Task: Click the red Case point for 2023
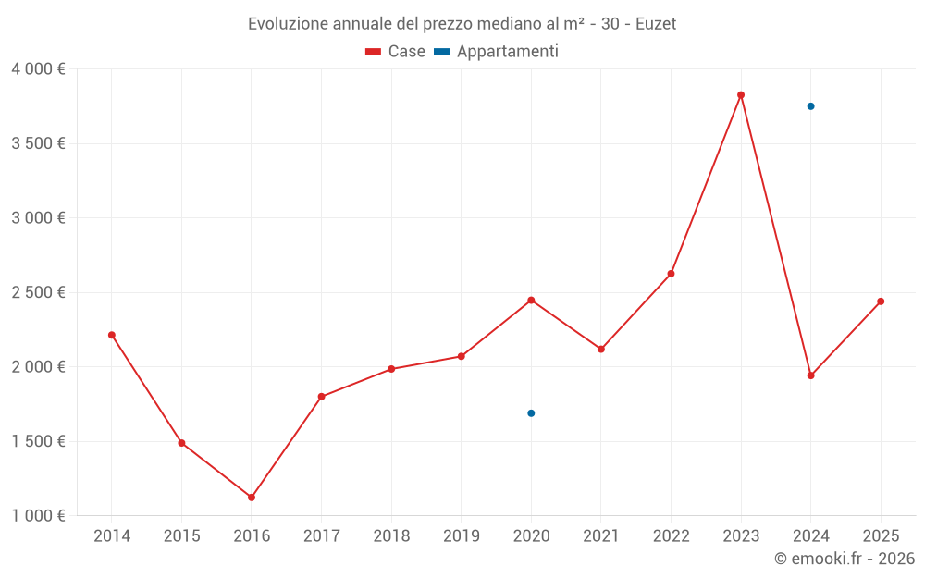741,95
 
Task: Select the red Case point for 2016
252,498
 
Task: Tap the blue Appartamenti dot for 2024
810,106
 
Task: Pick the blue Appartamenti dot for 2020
531,413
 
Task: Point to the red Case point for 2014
112,335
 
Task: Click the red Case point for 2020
531,300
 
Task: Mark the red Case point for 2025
881,301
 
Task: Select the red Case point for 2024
810,375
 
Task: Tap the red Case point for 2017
321,397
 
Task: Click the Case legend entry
396,52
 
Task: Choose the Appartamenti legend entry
497,52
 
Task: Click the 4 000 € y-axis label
38,69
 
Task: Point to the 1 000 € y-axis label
38,516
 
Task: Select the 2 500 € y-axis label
38,292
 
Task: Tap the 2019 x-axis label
461,536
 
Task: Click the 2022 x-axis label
671,536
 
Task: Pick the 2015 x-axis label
181,536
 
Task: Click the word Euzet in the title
656,24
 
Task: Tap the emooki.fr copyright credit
844,559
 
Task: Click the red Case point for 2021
601,349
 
